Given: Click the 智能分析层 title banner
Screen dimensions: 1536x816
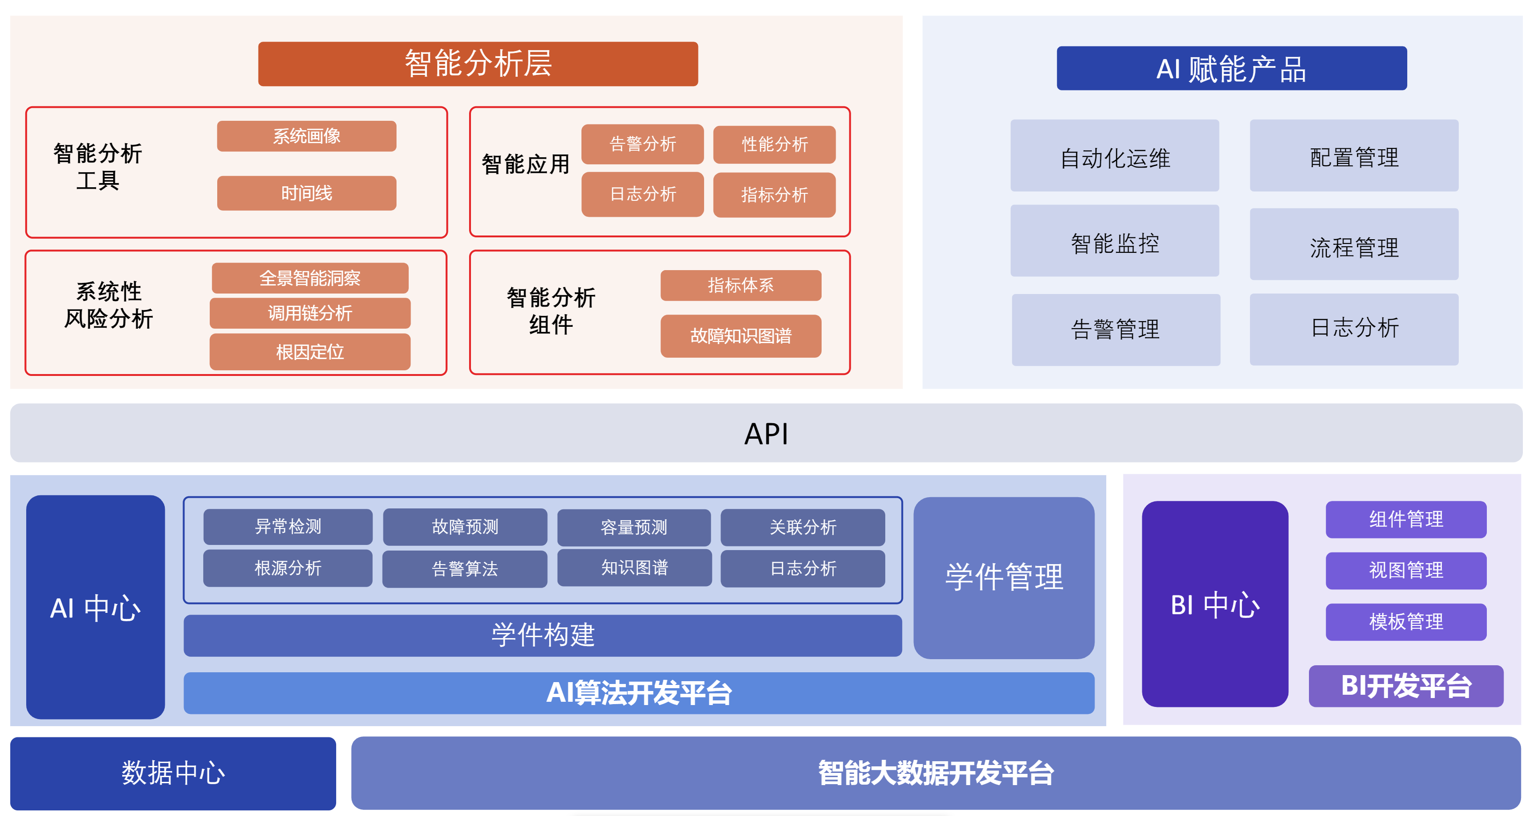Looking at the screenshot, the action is click(478, 64).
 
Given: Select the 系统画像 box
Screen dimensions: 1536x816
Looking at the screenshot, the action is click(307, 136).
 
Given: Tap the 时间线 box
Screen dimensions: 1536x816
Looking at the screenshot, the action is click(307, 193).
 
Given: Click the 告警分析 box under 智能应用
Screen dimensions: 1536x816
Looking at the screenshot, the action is click(642, 144).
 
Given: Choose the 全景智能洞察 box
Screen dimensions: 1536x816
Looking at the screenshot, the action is click(310, 278).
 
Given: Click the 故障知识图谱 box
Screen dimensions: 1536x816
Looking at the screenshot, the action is click(741, 336).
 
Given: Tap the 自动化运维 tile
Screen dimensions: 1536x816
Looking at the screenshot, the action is click(1115, 156).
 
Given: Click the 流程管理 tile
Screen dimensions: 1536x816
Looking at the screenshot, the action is click(1354, 244).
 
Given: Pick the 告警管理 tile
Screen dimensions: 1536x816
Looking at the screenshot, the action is click(1116, 329).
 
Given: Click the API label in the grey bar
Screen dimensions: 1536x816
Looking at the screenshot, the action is click(766, 434).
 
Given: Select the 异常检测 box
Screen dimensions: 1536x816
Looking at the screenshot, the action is click(288, 526).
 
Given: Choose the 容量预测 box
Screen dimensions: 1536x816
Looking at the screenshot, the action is click(634, 527).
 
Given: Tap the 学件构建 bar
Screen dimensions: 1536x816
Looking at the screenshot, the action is click(543, 635).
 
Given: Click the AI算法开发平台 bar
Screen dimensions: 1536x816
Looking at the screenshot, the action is click(639, 692).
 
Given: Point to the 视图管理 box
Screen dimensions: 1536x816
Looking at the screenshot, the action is click(1406, 570).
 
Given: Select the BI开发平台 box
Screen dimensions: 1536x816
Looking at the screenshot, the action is click(1406, 686).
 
